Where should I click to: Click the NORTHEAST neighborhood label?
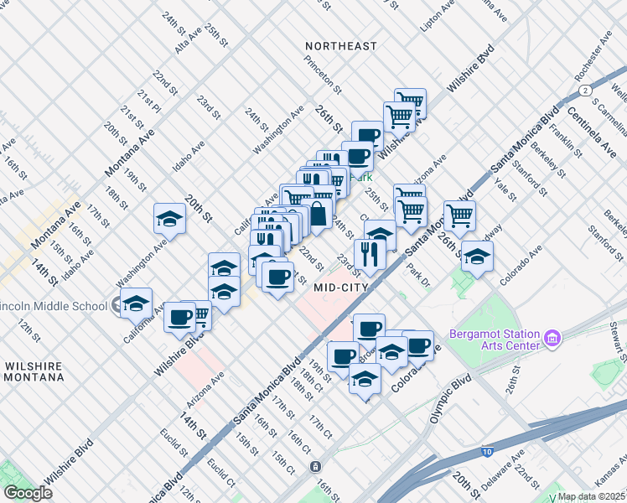(x=341, y=46)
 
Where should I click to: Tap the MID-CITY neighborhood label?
(x=343, y=288)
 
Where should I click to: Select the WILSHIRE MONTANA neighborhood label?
(x=34, y=372)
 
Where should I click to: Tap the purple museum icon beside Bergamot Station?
(x=552, y=339)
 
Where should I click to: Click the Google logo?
(x=28, y=492)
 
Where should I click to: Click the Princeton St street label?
(x=324, y=75)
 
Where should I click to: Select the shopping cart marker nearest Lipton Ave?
(x=410, y=101)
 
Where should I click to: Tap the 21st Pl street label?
(x=151, y=101)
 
